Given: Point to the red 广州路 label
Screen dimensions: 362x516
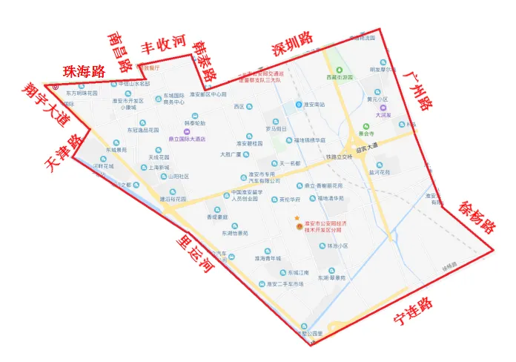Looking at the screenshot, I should tap(420, 91).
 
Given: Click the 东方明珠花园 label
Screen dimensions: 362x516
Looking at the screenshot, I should tap(81, 93).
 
